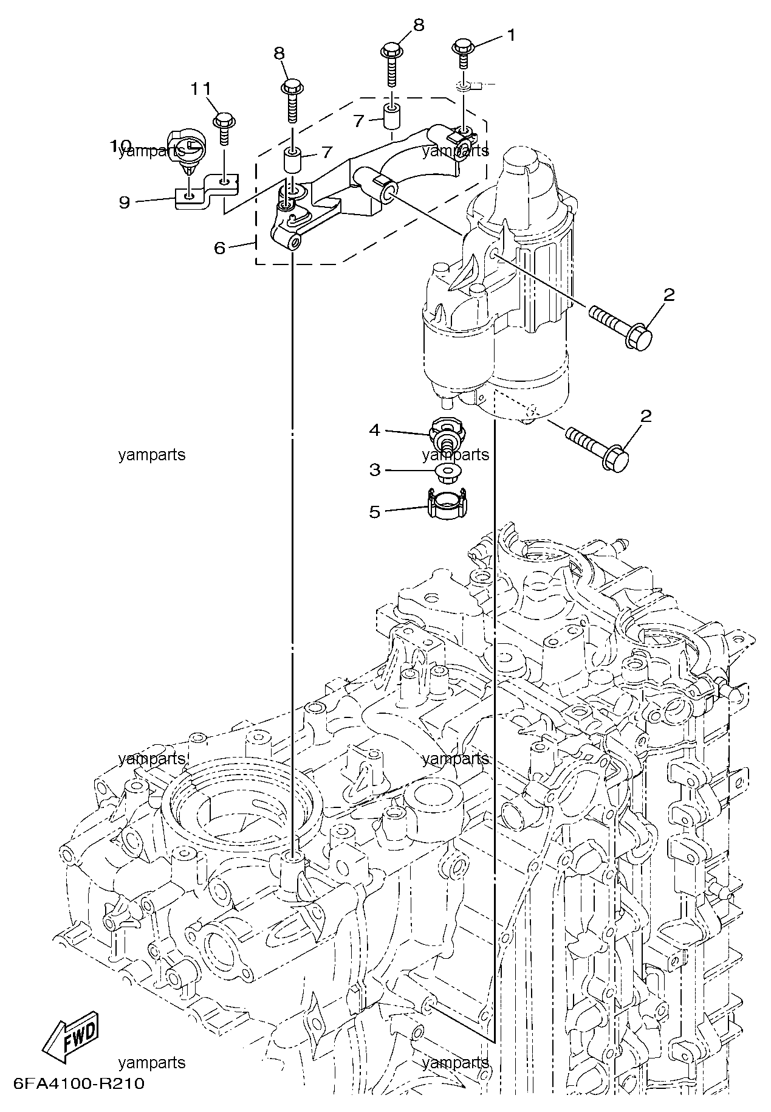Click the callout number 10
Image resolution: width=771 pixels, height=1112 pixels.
pyautogui.click(x=120, y=146)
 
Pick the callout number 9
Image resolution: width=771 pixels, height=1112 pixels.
pyautogui.click(x=124, y=202)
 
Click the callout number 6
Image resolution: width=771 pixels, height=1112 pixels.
pyautogui.click(x=219, y=247)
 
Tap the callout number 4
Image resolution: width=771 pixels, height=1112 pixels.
pyautogui.click(x=374, y=430)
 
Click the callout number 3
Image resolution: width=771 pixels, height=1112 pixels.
pyautogui.click(x=374, y=469)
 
